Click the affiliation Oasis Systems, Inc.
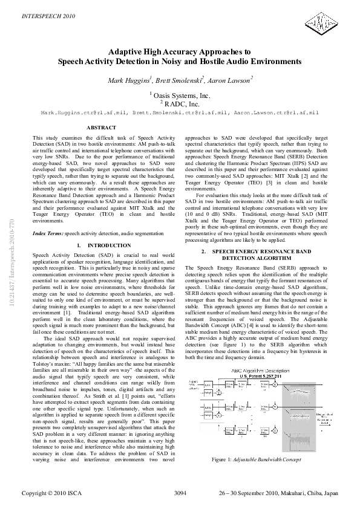coord(180,95)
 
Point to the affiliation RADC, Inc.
coord(180,104)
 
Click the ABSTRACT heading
coord(102,128)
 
